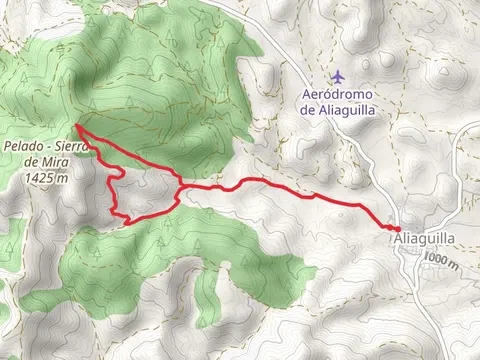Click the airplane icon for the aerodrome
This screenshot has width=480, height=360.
pyautogui.click(x=340, y=76)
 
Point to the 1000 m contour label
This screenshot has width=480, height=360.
pyautogui.click(x=440, y=260)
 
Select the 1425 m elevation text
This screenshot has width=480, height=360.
pyautogui.click(x=48, y=177)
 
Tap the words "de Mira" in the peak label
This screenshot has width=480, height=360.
pyautogui.click(x=48, y=162)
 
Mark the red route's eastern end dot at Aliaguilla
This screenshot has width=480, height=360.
pyautogui.click(x=398, y=229)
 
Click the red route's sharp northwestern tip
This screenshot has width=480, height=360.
pyautogui.click(x=75, y=129)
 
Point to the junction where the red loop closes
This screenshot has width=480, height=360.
pyautogui.click(x=180, y=187)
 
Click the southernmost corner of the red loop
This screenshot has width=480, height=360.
pyautogui.click(x=127, y=222)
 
